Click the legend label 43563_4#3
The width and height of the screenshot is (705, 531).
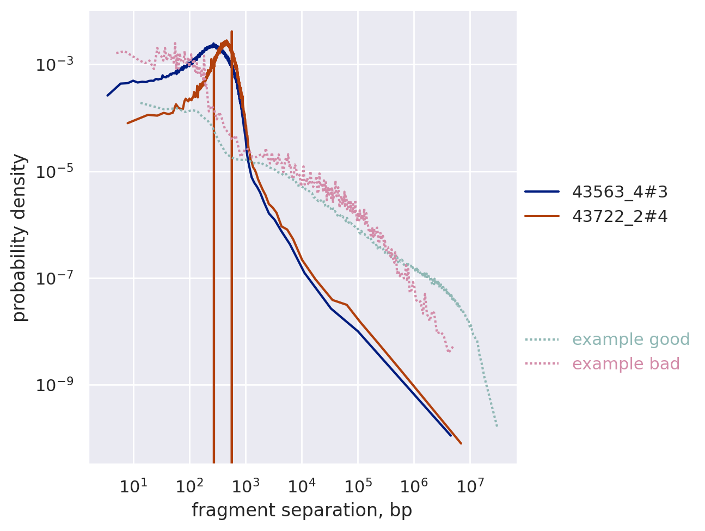(620, 192)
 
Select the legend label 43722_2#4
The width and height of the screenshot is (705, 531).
(620, 217)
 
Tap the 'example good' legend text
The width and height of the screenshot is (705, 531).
(631, 339)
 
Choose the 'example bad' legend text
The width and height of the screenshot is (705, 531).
(626, 364)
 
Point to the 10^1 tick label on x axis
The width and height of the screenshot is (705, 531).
(133, 486)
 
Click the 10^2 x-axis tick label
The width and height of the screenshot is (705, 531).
(189, 486)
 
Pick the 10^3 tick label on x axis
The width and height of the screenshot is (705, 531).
(245, 486)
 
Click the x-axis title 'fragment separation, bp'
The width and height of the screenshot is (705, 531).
(302, 510)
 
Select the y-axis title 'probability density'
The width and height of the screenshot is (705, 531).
(20, 237)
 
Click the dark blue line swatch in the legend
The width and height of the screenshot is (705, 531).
(542, 192)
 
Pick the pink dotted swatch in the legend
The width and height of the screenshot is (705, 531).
(542, 364)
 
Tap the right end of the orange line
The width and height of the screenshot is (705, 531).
(461, 443)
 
